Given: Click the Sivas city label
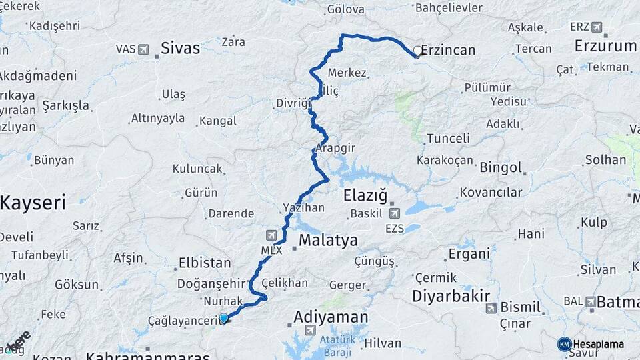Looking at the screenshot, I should tap(180, 48).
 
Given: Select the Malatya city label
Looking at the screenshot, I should tap(328, 240).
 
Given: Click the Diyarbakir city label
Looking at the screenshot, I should tap(451, 295).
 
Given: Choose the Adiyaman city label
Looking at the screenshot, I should tap(331, 317).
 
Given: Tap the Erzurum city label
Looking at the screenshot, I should tap(607, 46).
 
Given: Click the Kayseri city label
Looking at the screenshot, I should tap(32, 203).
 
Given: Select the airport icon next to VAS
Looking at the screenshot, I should tap(143, 49).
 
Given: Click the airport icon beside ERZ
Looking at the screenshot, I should tap(596, 27).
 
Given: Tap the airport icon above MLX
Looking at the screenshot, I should tap(271, 235).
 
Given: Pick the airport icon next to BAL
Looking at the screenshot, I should tap(591, 302).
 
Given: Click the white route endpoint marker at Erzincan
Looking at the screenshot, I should tap(418, 50).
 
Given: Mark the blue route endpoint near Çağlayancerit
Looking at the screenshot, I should tap(223, 319).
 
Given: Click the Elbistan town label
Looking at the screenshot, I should tap(205, 263).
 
